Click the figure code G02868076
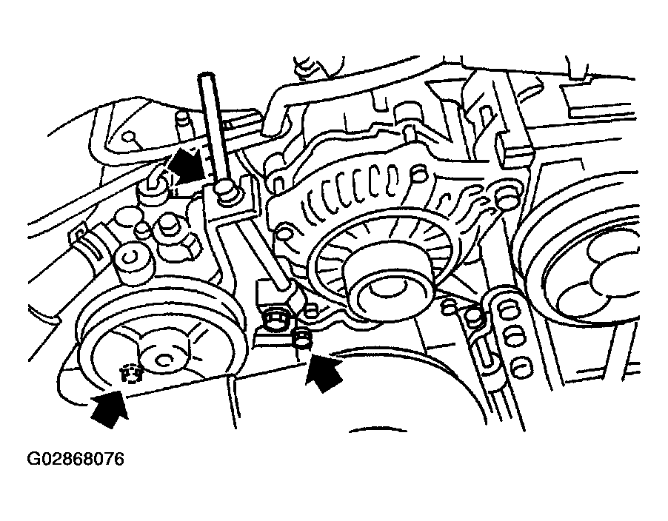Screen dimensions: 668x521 pyautogui.click(x=76, y=460)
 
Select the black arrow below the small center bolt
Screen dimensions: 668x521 pyautogui.click(x=324, y=372)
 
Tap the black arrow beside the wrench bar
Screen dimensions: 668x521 pyautogui.click(x=187, y=165)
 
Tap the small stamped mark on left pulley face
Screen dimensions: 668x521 pyautogui.click(x=130, y=374)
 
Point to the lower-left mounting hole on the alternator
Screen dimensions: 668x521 pyautogui.click(x=282, y=235)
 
